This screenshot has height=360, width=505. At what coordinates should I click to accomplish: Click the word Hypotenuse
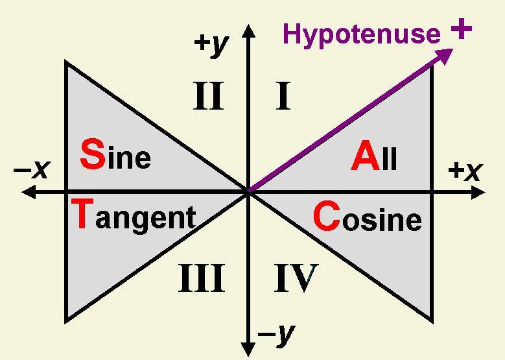361,34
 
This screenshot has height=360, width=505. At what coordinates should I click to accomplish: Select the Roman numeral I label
283,97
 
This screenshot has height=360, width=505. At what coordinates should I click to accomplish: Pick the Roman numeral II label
208,97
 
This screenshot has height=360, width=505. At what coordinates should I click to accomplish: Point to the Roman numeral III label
201,279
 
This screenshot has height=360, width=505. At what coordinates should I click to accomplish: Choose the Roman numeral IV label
296,279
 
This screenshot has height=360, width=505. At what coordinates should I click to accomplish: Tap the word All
374,158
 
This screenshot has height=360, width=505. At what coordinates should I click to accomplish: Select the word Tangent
133,216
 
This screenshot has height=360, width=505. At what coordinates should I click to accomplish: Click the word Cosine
367,219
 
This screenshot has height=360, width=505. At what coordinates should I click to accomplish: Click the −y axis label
276,333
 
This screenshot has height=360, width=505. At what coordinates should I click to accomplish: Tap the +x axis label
465,171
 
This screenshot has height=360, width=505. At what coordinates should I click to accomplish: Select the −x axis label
32,170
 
